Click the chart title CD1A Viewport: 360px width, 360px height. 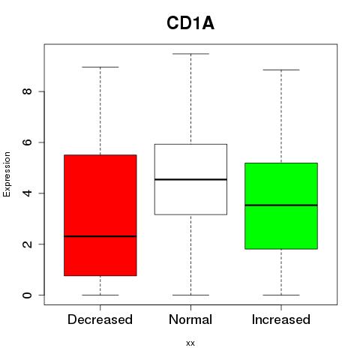pos(190,23)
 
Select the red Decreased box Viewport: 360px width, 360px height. pos(100,215)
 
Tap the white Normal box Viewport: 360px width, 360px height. pos(190,179)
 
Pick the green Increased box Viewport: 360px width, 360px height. pos(281,206)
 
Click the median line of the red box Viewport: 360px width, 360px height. pos(100,236)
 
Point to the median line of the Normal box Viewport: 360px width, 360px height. pos(190,179)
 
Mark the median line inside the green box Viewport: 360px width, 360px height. pos(281,205)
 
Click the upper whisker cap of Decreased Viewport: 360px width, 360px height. pos(100,67)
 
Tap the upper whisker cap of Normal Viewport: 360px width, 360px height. pos(190,54)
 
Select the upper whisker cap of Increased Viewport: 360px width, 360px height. pos(281,70)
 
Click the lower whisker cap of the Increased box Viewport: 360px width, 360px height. pos(281,295)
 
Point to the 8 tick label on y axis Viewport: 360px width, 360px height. pos(27,91)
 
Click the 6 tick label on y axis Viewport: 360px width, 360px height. pos(27,142)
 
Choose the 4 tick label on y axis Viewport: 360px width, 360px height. pos(27,193)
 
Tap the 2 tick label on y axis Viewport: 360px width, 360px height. pos(27,244)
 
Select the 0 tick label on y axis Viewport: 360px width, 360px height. pos(27,295)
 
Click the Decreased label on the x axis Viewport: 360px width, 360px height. pos(100,319)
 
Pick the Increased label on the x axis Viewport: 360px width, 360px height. pos(281,319)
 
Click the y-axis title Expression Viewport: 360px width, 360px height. pos(7,174)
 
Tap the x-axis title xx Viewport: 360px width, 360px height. pos(190,343)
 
